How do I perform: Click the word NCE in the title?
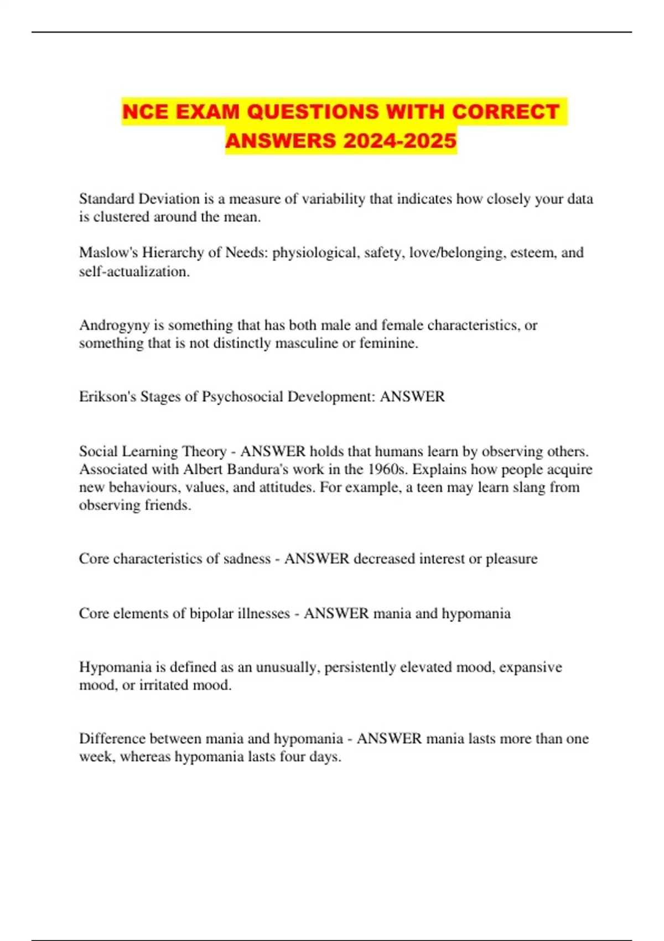coord(146,112)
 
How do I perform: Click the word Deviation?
coord(169,199)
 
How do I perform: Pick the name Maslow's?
coord(108,252)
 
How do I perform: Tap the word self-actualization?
coord(134,271)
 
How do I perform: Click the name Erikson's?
coord(107,397)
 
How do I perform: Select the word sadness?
coord(247,559)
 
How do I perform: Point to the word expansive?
coord(530,667)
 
